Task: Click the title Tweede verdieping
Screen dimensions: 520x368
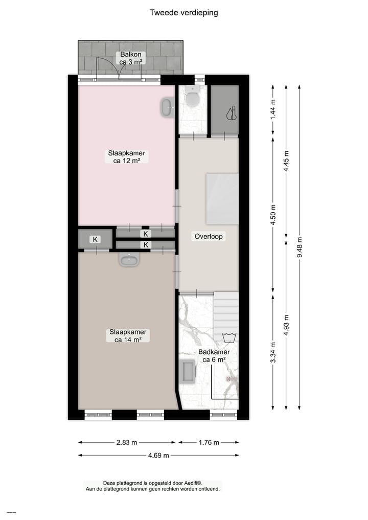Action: coord(183,13)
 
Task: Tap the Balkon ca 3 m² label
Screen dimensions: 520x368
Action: coord(130,58)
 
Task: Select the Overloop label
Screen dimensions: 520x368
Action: coord(209,237)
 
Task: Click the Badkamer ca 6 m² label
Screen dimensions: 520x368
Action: coord(215,356)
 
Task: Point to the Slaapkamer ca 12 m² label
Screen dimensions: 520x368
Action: coord(127,156)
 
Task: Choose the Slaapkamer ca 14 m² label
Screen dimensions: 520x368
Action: coord(128,335)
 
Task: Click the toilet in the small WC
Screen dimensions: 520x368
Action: coord(193,98)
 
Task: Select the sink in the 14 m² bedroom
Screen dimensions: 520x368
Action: coord(130,260)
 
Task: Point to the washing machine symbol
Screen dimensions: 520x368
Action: coord(228,337)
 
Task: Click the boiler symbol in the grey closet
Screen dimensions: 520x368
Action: coord(232,112)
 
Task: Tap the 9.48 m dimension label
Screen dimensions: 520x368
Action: coord(300,248)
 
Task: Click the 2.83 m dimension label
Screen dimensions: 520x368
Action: coord(127,443)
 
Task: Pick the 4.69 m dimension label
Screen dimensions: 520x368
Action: coord(159,455)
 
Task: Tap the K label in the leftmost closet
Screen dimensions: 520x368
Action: coord(95,239)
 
